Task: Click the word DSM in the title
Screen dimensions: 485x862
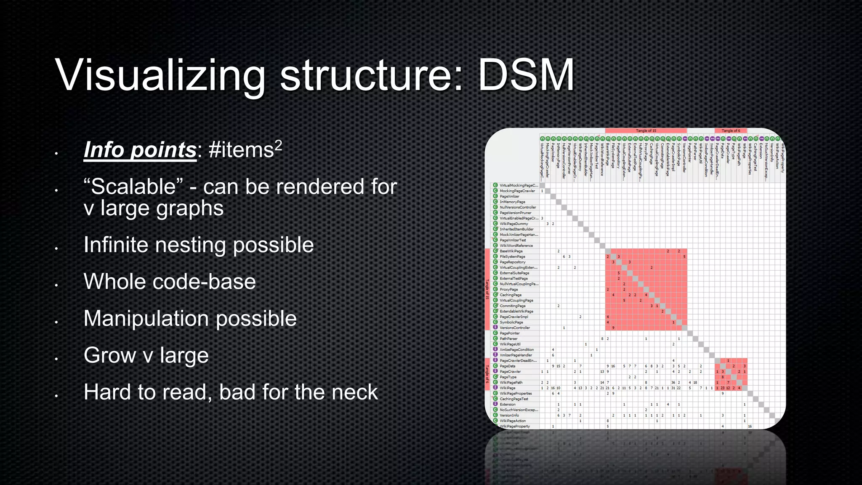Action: [526, 76]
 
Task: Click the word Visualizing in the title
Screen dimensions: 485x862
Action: [160, 76]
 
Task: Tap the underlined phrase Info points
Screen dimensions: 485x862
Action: [140, 150]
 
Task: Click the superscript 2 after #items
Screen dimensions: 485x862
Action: [278, 145]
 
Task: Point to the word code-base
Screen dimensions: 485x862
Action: [204, 282]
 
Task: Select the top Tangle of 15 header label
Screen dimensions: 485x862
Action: [646, 131]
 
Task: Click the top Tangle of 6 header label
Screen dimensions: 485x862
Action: [731, 131]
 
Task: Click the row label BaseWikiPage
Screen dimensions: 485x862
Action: [511, 251]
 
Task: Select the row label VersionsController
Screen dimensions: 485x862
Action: [514, 328]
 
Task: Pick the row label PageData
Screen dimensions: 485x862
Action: [507, 366]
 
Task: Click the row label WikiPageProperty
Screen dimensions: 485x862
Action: [514, 426]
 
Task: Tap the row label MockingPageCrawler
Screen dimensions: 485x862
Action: [517, 191]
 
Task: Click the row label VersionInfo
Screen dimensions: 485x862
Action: [509, 416]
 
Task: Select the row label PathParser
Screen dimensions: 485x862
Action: [508, 339]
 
